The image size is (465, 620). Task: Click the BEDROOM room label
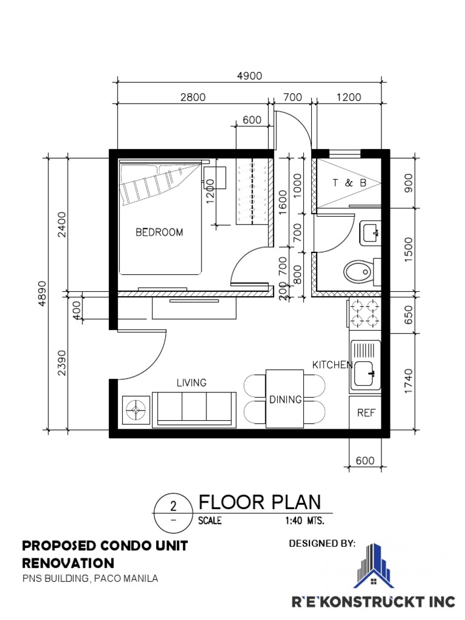tap(159, 232)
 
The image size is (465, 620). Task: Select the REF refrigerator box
tap(365, 412)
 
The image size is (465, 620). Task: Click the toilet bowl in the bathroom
tap(358, 272)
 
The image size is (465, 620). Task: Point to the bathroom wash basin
tap(370, 233)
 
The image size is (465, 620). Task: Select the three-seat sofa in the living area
tap(194, 409)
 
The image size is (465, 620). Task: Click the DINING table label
tap(285, 400)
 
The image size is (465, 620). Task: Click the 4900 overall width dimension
tap(249, 76)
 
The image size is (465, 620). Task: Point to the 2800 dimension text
tap(193, 97)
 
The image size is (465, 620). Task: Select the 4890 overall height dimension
tap(42, 293)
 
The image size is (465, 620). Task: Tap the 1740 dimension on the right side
tap(409, 381)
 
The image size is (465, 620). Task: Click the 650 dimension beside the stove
tap(409, 315)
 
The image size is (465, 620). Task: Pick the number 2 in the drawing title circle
tap(173, 506)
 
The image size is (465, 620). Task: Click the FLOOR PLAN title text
tap(259, 502)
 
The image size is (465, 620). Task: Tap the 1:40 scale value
tap(293, 520)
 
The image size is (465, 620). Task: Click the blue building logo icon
tap(373, 566)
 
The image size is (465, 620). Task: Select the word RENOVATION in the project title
tap(68, 563)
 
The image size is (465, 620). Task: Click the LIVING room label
tap(191, 383)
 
